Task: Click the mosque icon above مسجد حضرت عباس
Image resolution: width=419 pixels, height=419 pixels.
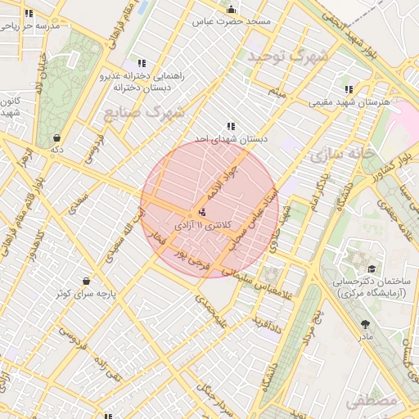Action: (x=232, y=10)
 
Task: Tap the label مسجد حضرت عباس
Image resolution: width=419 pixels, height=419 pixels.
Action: (x=232, y=22)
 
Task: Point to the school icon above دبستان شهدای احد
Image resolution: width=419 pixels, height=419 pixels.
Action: (x=232, y=127)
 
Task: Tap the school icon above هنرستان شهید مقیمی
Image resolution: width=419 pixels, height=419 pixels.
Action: (x=349, y=90)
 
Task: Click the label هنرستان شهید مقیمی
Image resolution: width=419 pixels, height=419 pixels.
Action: (x=348, y=103)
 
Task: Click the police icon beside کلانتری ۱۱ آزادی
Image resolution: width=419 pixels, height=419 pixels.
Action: (x=203, y=213)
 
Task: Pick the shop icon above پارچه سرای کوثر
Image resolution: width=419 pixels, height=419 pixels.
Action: (x=86, y=281)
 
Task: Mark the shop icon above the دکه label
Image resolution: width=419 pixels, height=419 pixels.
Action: (x=56, y=138)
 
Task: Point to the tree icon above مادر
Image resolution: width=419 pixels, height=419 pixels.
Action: (x=365, y=324)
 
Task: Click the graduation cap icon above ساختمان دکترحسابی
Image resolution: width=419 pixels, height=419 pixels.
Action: (x=372, y=268)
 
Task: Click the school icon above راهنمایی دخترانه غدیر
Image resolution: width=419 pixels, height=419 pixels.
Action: (x=142, y=63)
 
